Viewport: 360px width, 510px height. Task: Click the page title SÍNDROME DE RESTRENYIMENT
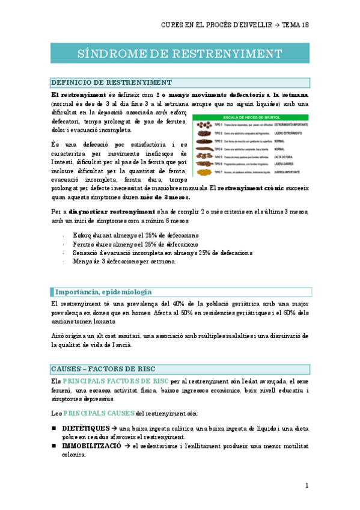point(180,53)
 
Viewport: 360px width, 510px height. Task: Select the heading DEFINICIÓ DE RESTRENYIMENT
point(112,83)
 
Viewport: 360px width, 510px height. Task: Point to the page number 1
point(307,485)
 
